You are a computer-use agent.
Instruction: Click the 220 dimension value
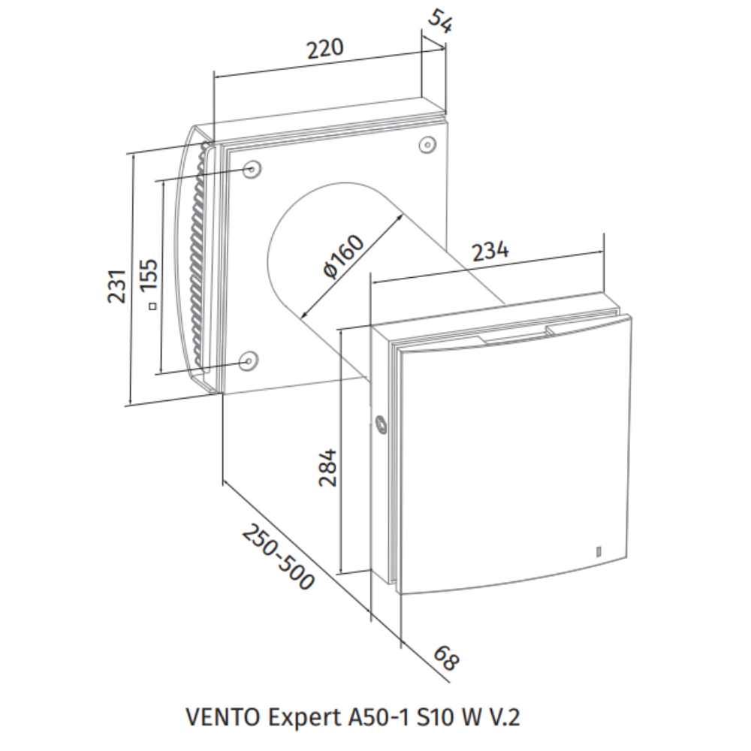point(325,49)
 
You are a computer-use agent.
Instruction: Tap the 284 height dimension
point(328,468)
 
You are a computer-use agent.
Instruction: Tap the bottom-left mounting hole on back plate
point(249,360)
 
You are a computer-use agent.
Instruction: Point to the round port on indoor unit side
point(382,425)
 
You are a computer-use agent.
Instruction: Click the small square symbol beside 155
point(152,306)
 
